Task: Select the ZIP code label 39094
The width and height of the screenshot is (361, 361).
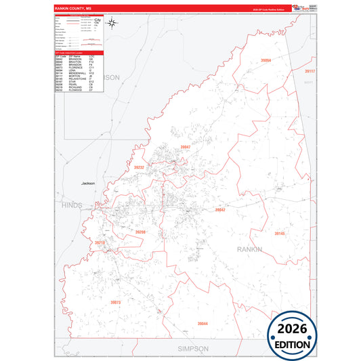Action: [x=266, y=61]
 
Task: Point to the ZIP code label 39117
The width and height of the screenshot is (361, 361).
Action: [x=310, y=70]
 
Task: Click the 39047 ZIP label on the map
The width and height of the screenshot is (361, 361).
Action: [x=186, y=147]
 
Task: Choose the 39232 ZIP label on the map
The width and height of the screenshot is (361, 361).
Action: [x=140, y=167]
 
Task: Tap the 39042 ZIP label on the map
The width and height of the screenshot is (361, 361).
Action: [x=220, y=210]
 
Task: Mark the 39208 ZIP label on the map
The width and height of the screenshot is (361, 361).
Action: [x=140, y=232]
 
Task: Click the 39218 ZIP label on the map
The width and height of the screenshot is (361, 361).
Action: [x=100, y=242]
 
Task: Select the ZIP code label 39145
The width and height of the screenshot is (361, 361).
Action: [x=280, y=233]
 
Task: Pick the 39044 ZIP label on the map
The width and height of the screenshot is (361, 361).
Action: [x=203, y=324]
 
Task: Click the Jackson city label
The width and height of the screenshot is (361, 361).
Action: [x=88, y=183]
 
